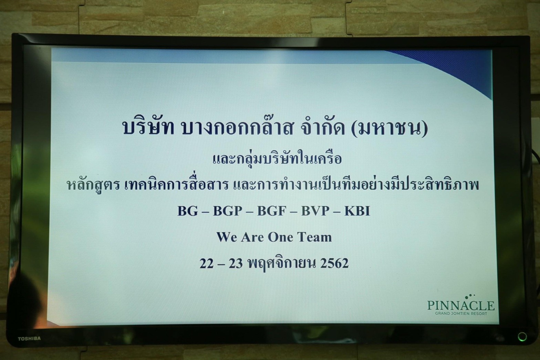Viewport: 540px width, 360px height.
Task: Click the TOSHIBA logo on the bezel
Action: click(29, 339)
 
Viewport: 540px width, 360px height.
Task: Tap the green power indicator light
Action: click(522, 337)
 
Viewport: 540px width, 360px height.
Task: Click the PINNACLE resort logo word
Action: click(461, 305)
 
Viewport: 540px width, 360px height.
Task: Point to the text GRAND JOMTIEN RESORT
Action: click(461, 314)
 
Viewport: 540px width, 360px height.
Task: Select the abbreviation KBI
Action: click(357, 211)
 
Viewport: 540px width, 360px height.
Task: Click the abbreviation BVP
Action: click(315, 211)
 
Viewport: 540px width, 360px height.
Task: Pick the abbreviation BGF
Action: click(272, 211)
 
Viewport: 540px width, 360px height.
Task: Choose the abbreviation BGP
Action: click(228, 211)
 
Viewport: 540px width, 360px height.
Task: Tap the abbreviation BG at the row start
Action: click(188, 211)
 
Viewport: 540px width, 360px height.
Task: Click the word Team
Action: click(314, 237)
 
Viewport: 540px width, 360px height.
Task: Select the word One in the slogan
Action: click(280, 237)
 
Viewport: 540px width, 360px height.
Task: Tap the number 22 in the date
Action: click(207, 263)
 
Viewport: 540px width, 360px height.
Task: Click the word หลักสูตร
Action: click(93, 185)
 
